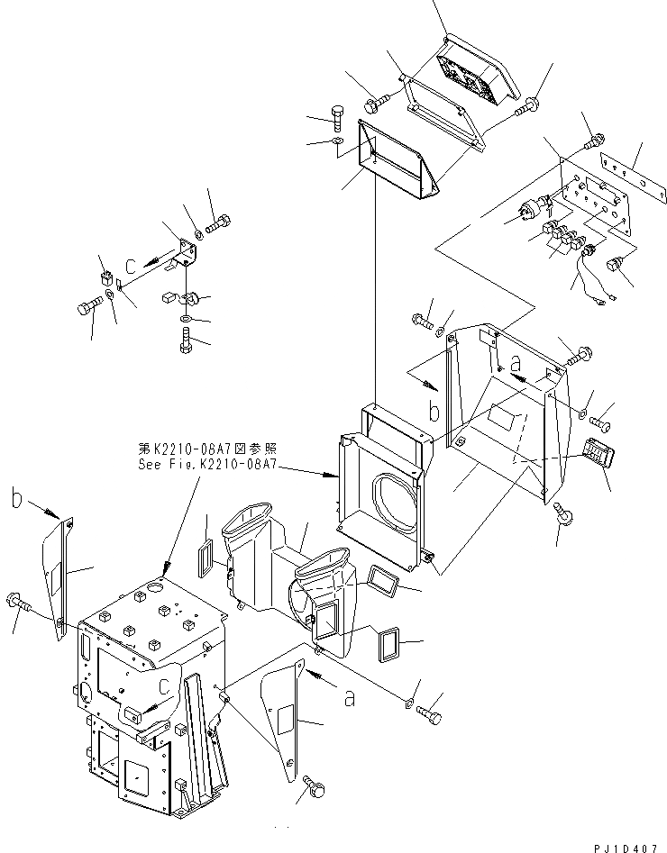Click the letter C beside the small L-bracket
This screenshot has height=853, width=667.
tap(132, 266)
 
